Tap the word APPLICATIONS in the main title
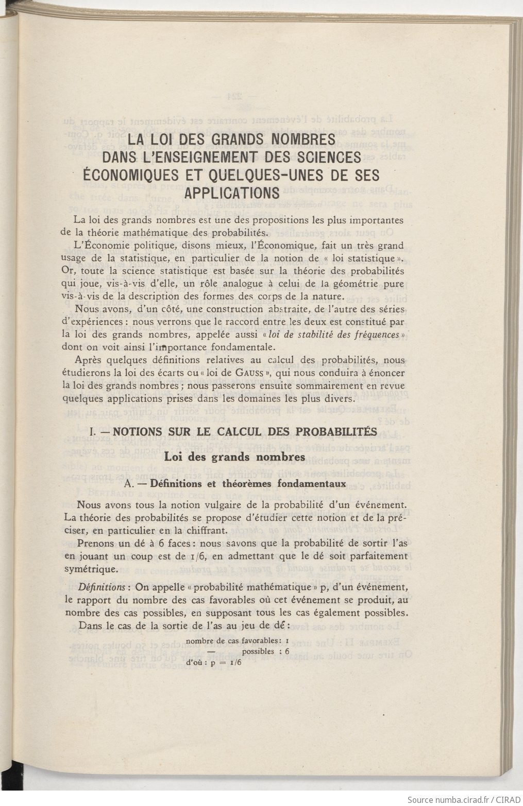pos(232,193)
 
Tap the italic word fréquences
pos(370,335)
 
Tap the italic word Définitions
pos(101,587)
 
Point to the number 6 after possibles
pos(287,651)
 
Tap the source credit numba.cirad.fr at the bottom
pos(461,800)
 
